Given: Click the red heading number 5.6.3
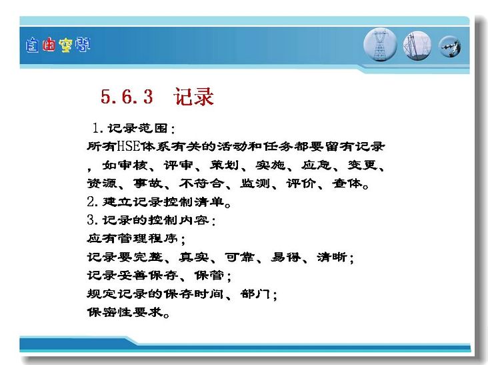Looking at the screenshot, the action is [x=127, y=96].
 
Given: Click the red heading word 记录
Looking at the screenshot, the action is [x=193, y=96].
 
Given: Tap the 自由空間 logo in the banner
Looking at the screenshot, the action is [x=58, y=45].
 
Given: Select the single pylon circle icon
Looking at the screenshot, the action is [x=380, y=45].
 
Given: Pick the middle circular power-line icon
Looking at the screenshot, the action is [x=417, y=46].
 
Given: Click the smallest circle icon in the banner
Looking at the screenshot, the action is [x=450, y=47].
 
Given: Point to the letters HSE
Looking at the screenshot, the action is [x=129, y=146].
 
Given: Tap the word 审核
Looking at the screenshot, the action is [x=132, y=165].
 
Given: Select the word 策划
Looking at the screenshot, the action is [x=224, y=165].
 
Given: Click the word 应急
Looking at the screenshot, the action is [x=316, y=165].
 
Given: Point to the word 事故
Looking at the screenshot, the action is [x=148, y=184].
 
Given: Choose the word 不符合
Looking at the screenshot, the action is [x=201, y=184].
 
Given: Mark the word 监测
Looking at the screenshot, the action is [x=255, y=184].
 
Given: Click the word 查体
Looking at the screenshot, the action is [x=347, y=184].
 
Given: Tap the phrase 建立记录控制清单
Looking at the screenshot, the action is [x=163, y=202].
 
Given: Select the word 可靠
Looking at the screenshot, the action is [x=239, y=258].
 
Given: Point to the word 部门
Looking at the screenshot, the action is [x=255, y=294].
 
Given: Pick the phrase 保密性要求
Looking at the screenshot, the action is [x=125, y=312].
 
